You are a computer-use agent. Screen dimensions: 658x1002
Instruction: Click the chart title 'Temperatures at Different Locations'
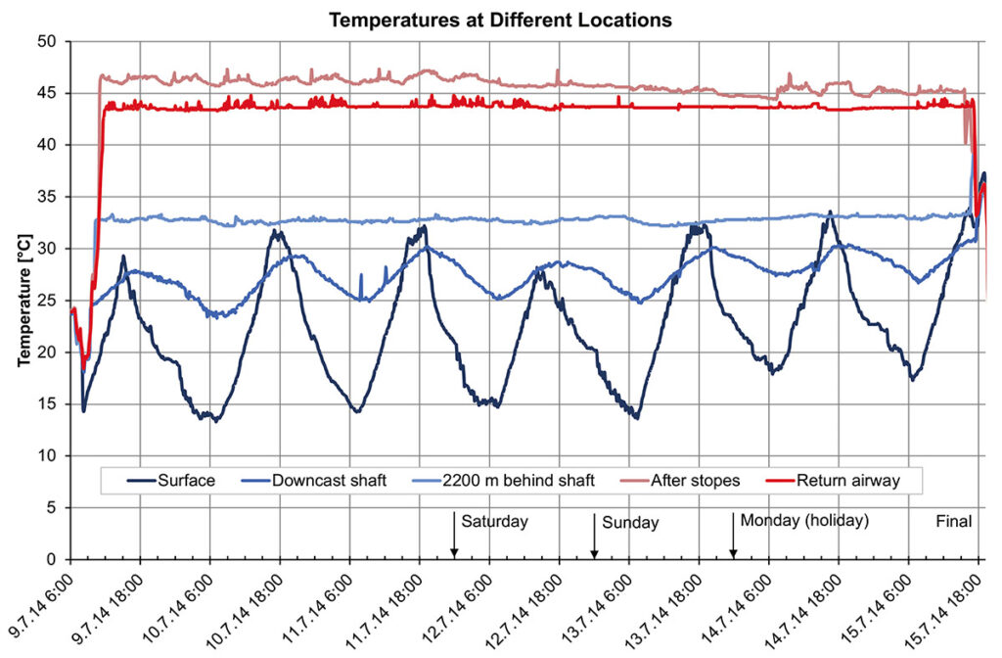click(500, 19)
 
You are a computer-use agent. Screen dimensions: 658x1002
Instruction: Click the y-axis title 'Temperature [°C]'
click(23, 299)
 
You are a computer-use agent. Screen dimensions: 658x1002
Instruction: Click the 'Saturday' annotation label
click(495, 521)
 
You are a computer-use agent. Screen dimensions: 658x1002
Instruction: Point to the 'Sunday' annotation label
click(630, 523)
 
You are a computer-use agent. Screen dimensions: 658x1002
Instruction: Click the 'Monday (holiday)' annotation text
click(804, 521)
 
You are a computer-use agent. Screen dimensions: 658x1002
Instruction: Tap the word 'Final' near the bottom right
click(954, 522)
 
